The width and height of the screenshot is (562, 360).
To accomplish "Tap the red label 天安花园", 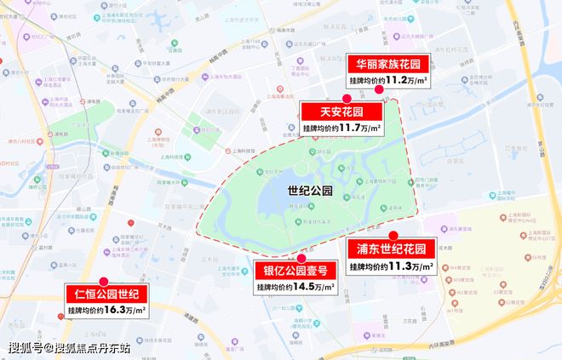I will pyautogui.click(x=341, y=112).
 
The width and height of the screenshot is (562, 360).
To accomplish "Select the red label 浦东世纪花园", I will pyautogui.click(x=391, y=249).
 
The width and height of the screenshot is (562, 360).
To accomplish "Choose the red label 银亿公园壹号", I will pyautogui.click(x=295, y=271).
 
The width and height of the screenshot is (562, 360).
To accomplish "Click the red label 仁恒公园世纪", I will pyautogui.click(x=107, y=295).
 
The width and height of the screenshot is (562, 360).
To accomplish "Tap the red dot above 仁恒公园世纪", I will pyautogui.click(x=103, y=281).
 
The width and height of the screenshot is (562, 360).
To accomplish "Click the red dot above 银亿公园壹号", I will pyautogui.click(x=301, y=257).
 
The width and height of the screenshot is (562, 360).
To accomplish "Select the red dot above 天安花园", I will pyautogui.click(x=346, y=99).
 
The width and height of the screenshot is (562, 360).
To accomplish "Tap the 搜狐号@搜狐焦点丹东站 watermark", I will pyautogui.click(x=70, y=347).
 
